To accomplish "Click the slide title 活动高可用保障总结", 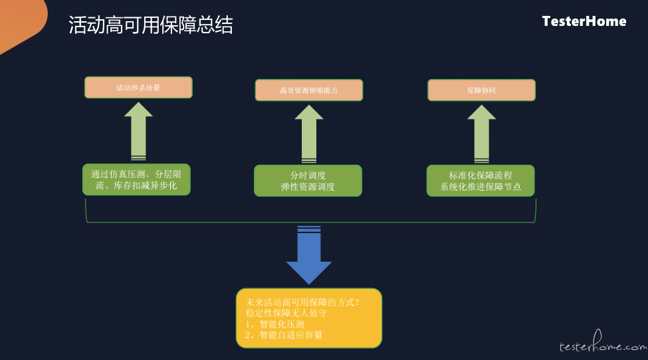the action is tap(150, 25).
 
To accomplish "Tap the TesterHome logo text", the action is tap(584, 21).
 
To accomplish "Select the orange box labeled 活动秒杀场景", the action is tap(138, 88).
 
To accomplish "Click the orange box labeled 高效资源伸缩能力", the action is tap(308, 90).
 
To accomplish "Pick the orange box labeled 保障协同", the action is tap(481, 90).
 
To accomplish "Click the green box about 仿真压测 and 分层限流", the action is tap(136, 179).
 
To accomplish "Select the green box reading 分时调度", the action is tap(308, 181).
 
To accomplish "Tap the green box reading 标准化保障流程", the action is tap(481, 181).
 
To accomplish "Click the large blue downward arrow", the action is tap(308, 255).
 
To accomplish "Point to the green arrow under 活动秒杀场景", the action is tap(138, 132).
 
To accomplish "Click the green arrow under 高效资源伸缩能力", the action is tap(308, 134).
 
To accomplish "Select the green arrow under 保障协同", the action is tap(481, 134).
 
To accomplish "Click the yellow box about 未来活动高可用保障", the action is tap(308, 318).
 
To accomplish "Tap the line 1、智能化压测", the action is tap(275, 324).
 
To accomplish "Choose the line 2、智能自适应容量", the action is tap(284, 335).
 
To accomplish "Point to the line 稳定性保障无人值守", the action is tap(286, 313).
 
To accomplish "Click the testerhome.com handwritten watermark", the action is tap(603, 343).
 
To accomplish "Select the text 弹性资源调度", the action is tap(308, 187).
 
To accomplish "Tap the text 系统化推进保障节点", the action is tap(481, 187).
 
